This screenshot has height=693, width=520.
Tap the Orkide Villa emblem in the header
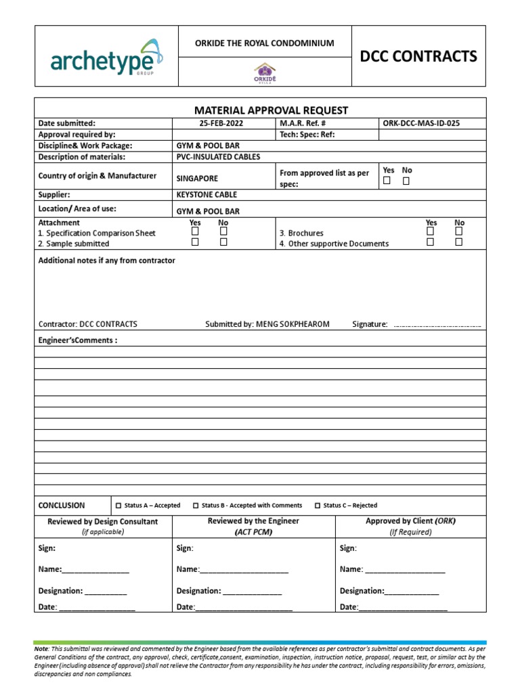point(265,72)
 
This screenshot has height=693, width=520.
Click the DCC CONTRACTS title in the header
point(418,56)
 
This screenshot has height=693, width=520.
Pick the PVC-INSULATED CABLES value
point(218,157)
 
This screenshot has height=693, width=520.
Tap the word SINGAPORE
point(197,179)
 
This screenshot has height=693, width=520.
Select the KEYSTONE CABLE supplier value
point(207,195)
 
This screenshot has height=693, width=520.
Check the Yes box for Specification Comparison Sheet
point(195,231)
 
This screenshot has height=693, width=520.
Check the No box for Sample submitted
point(223,242)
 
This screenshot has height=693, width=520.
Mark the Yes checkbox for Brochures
point(431,231)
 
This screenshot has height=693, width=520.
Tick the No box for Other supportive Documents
point(459,242)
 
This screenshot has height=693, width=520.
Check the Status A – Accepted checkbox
point(118,506)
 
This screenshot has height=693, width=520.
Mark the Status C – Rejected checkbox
point(318,506)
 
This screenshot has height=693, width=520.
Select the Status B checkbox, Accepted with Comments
point(196,506)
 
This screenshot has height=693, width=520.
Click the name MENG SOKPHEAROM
point(292,324)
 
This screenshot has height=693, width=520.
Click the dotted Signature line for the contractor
point(437,326)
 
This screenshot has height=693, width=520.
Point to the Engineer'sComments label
point(78,340)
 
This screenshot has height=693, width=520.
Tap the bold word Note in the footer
point(41,649)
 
